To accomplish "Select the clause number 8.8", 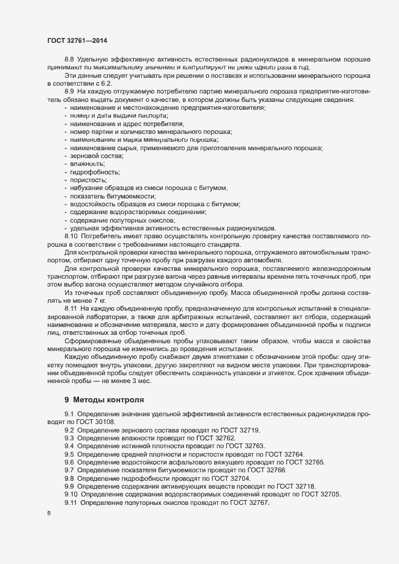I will click(x=69, y=59).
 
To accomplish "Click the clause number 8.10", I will click(x=71, y=236).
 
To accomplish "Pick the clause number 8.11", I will click(x=71, y=308).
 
